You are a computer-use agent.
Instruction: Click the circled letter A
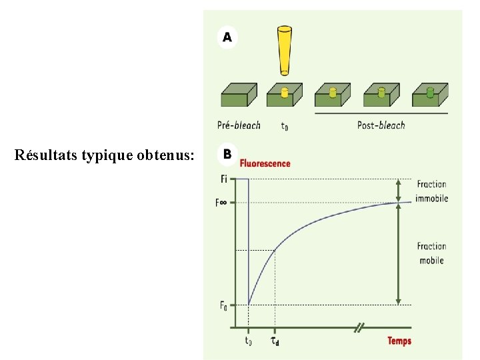coord(227,38)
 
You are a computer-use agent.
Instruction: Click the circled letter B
coord(227,154)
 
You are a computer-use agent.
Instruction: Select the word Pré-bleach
coord(239,125)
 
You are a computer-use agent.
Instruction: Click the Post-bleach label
coord(381,125)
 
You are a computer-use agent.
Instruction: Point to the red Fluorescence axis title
coord(265,163)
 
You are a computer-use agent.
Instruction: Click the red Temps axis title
coord(399,341)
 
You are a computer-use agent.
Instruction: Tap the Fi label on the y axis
coord(223,179)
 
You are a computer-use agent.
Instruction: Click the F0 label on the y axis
coord(223,306)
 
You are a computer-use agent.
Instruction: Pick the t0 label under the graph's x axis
coord(248,341)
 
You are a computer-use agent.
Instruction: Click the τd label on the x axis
coord(275,341)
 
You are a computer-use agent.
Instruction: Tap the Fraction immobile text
coord(431,191)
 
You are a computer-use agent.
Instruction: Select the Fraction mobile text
coord(431,253)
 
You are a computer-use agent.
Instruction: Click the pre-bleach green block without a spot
coord(239,95)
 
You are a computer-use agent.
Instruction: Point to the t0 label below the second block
coord(285,125)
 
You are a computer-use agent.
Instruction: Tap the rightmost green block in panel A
coord(430,95)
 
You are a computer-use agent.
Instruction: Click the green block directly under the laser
coord(285,95)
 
